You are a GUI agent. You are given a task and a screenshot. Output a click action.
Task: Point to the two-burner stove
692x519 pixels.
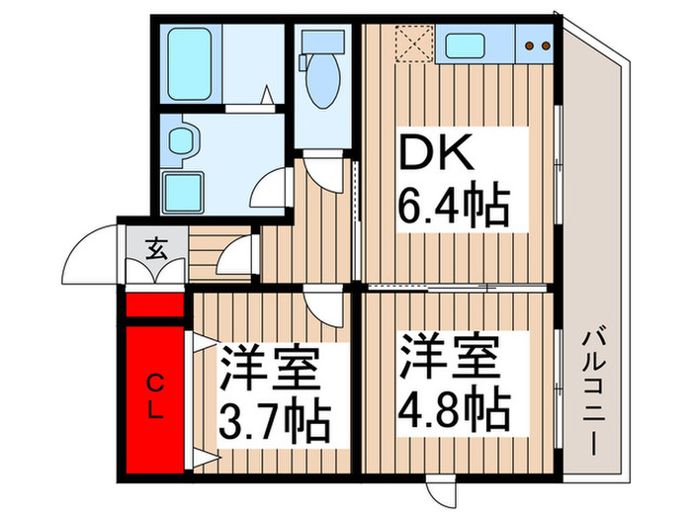pyautogui.click(x=535, y=45)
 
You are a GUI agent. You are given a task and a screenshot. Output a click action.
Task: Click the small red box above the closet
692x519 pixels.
pyautogui.click(x=155, y=303)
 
